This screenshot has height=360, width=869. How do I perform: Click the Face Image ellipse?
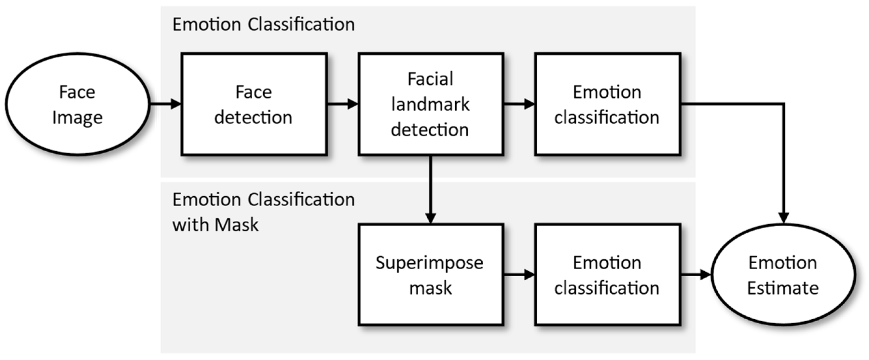[x=77, y=104]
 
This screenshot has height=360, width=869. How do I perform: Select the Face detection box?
[x=254, y=104]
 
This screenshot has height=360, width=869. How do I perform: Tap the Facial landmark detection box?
[x=431, y=104]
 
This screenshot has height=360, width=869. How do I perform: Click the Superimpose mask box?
[x=431, y=275]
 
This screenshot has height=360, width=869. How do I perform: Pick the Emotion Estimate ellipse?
[x=783, y=275]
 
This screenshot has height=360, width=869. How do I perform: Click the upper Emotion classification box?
[x=607, y=104]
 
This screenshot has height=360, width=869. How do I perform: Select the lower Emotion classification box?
[x=607, y=275]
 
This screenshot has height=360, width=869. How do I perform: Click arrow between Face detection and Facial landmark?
[x=342, y=104]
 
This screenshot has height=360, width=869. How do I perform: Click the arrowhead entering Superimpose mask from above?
[x=431, y=218]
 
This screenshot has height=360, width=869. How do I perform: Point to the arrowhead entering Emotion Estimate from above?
[x=783, y=218]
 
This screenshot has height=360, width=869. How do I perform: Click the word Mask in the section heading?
[x=237, y=225]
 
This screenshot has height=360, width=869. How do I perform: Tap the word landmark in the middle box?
[x=430, y=104]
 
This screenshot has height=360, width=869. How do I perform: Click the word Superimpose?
[x=429, y=263]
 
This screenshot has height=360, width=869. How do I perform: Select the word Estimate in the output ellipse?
[x=783, y=288]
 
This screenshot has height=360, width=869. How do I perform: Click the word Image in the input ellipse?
[x=77, y=118]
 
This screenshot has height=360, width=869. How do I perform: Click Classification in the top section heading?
[x=301, y=24]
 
